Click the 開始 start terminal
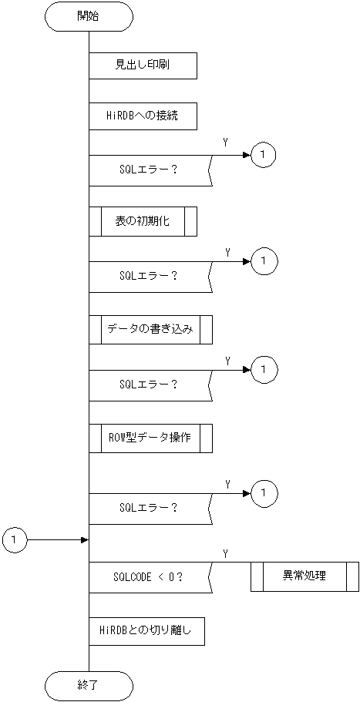(89, 16)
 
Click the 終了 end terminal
(89, 684)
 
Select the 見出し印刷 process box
(143, 65)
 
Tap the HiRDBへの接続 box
(143, 116)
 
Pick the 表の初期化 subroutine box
(143, 221)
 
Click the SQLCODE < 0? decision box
(149, 576)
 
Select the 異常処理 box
(304, 576)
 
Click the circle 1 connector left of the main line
(15, 541)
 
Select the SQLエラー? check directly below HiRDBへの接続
(149, 170)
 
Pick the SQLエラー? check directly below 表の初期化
(149, 276)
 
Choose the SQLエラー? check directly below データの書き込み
(149, 384)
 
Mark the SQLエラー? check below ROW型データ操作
(149, 507)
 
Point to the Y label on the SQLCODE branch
(225, 553)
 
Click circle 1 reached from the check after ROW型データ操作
(264, 492)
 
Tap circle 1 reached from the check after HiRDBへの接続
(264, 155)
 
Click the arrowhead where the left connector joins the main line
(86, 541)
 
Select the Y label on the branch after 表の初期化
(227, 252)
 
